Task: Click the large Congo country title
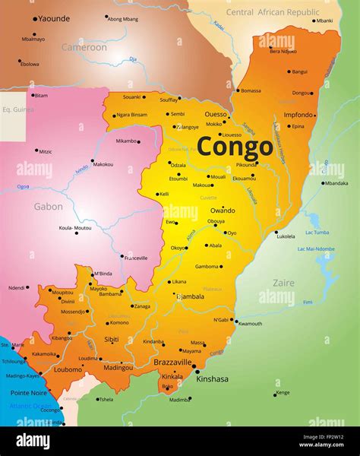235,146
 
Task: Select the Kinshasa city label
212,378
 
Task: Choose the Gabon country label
48,206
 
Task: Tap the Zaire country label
283,283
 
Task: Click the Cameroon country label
84,47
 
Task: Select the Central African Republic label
273,12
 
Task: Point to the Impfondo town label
298,115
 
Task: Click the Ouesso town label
216,114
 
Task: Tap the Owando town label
223,210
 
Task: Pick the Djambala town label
189,296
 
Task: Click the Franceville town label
136,258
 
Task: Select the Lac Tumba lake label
319,233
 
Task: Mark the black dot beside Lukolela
276,232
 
